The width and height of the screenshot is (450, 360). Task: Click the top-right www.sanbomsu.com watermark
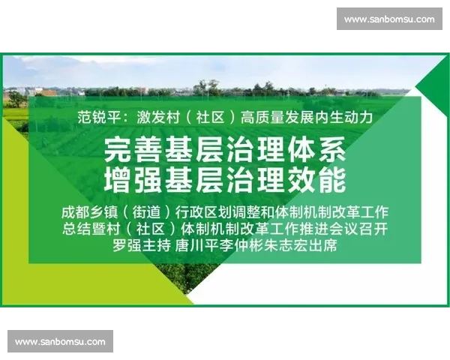tap(389, 19)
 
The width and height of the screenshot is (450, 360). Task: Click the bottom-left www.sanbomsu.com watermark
tap(60, 342)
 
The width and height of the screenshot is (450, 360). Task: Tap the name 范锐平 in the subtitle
tap(97, 117)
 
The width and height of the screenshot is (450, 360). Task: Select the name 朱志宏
tap(282, 246)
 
